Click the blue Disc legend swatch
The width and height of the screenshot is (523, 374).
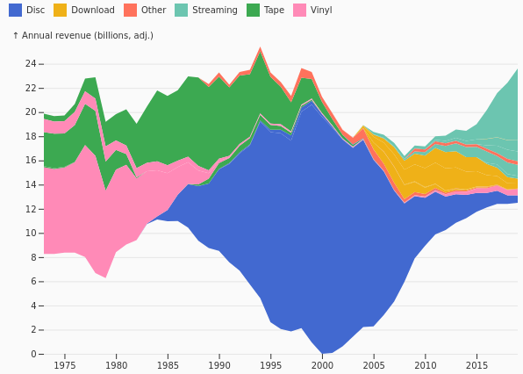point(15,10)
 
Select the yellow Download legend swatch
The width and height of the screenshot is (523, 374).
point(60,10)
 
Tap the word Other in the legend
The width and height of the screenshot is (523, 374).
point(154,10)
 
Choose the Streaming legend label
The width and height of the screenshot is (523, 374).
point(215,11)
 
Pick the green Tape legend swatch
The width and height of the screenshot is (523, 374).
point(253,10)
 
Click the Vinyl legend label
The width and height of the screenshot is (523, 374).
point(321,11)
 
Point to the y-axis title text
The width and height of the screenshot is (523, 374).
point(83,35)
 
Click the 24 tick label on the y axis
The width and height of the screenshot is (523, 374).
point(31,63)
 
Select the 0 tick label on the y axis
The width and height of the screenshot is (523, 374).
point(33,354)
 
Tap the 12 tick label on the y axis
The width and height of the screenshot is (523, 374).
point(31,209)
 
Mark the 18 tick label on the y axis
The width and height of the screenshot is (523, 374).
point(31,136)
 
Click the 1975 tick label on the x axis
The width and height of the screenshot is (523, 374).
point(65,365)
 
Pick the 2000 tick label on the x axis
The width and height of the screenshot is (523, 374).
point(323,365)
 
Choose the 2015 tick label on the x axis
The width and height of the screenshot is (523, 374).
point(477,365)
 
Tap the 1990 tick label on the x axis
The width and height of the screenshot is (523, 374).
point(219,365)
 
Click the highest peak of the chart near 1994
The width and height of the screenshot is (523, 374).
point(260,47)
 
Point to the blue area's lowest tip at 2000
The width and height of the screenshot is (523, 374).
point(323,353)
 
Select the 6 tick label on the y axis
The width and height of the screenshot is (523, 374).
point(33,281)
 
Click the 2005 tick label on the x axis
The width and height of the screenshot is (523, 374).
point(374,365)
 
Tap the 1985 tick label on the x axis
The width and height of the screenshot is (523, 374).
point(168,365)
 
